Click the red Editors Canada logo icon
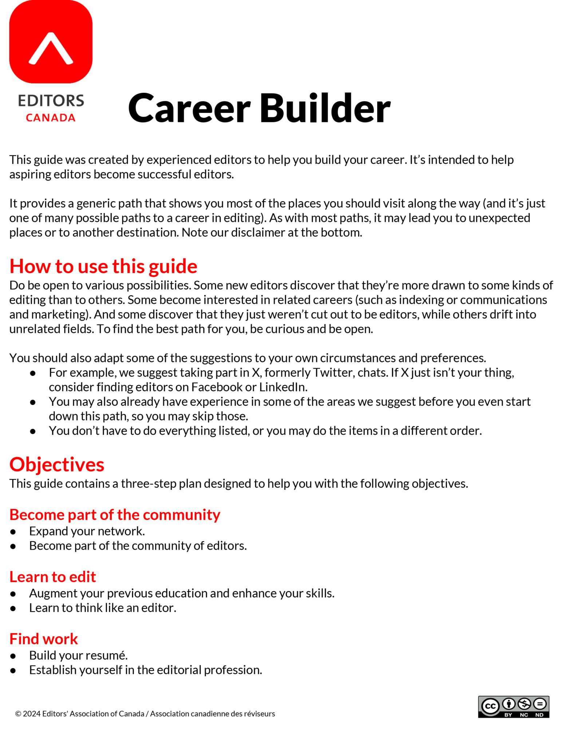tap(51, 42)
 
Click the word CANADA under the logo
tap(51, 118)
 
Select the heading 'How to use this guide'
tap(103, 266)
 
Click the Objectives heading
tap(57, 464)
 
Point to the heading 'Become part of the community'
tap(115, 515)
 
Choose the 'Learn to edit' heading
tap(53, 577)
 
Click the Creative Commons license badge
tap(513, 707)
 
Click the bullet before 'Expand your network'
tap(13, 532)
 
